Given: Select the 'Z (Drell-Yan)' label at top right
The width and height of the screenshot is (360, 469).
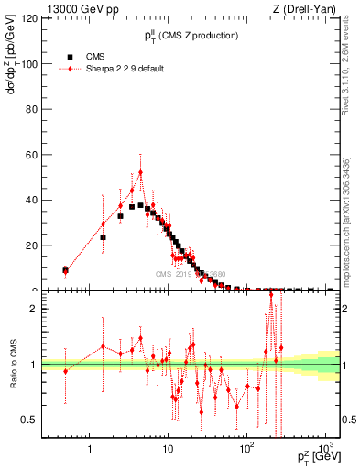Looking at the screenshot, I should (310, 8).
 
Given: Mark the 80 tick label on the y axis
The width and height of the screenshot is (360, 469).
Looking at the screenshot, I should (40, 110).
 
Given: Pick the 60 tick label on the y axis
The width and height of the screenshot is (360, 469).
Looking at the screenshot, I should (40, 155).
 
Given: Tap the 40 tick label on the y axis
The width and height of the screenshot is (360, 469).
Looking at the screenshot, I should (40, 201).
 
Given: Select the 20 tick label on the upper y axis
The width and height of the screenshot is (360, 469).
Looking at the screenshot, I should (40, 245).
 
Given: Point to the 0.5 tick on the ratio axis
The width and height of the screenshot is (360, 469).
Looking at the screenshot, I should (39, 420).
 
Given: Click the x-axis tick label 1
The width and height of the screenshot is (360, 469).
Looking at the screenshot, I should (89, 449).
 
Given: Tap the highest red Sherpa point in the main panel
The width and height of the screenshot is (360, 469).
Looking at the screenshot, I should (140, 172).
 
